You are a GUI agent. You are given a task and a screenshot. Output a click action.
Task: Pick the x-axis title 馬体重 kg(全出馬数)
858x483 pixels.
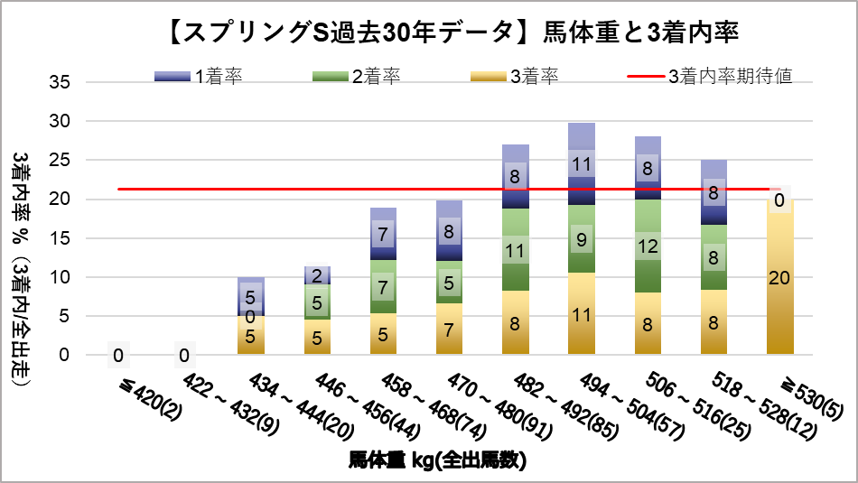(x=437, y=460)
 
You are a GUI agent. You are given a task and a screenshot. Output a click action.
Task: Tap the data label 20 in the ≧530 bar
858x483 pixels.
(x=779, y=279)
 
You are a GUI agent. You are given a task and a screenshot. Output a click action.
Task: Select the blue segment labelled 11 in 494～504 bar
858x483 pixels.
(x=582, y=164)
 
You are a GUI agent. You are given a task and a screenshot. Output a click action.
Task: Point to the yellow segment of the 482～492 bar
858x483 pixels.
(x=515, y=322)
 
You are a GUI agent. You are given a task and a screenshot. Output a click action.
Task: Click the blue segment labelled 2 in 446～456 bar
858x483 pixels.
(x=316, y=275)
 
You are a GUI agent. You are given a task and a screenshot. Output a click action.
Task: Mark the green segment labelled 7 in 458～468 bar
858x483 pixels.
(x=383, y=287)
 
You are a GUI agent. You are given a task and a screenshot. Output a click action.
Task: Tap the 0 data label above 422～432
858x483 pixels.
(x=184, y=355)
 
